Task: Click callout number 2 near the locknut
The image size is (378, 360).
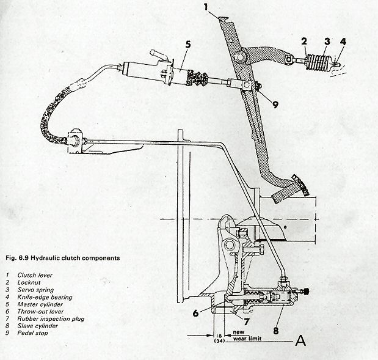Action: click(303, 42)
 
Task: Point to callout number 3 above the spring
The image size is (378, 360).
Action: click(327, 42)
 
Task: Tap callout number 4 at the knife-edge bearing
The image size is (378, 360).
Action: click(344, 42)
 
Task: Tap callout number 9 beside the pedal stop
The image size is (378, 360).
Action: click(275, 105)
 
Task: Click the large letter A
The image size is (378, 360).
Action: click(300, 340)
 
